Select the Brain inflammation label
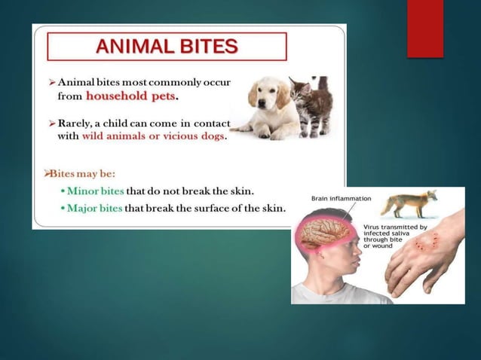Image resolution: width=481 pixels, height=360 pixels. coord(341,198)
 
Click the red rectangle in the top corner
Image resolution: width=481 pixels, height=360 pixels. coord(424,29)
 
